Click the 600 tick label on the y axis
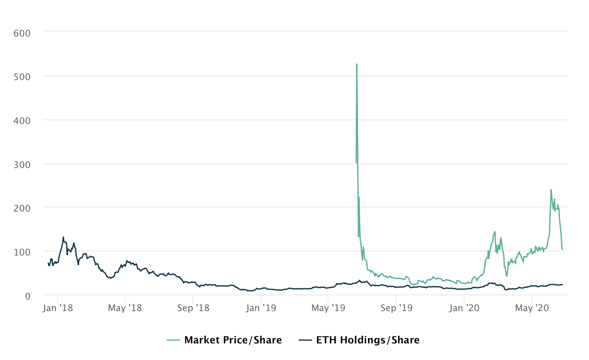pyautogui.click(x=22, y=33)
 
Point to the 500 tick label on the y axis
pyautogui.click(x=22, y=77)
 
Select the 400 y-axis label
pyautogui.click(x=22, y=121)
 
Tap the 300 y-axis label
pyautogui.click(x=22, y=165)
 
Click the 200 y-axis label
pyautogui.click(x=22, y=208)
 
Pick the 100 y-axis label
pyautogui.click(x=22, y=252)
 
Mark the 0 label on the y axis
pyautogui.click(x=27, y=296)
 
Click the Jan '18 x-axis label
pyautogui.click(x=58, y=308)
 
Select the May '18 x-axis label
pyautogui.click(x=125, y=308)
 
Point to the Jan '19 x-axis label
pyautogui.click(x=260, y=308)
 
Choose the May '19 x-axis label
pyautogui.click(x=328, y=308)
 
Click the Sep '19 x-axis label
pyautogui.click(x=396, y=308)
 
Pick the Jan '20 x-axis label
pyautogui.click(x=464, y=308)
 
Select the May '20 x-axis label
pyautogui.click(x=532, y=308)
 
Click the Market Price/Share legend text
pyautogui.click(x=233, y=341)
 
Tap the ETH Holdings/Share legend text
pyautogui.click(x=368, y=341)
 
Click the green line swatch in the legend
pyautogui.click(x=173, y=341)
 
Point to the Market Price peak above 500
pyautogui.click(x=357, y=64)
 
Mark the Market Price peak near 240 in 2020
pyautogui.click(x=551, y=190)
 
